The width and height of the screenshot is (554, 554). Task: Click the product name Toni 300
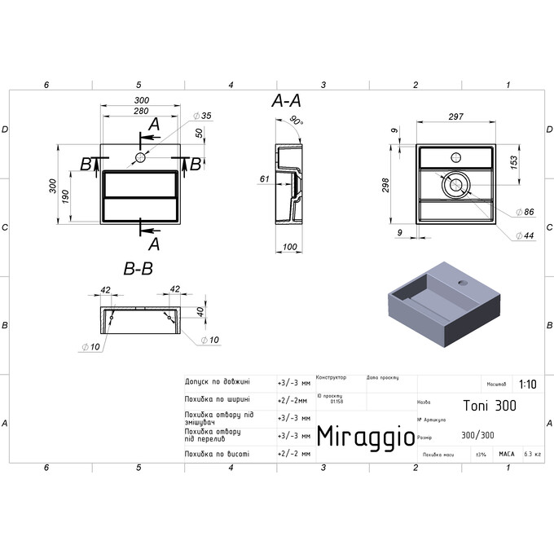click(x=489, y=405)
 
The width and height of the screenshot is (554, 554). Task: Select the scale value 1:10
click(x=527, y=382)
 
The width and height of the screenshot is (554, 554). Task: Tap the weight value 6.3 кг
click(x=533, y=454)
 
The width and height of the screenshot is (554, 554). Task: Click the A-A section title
click(x=286, y=101)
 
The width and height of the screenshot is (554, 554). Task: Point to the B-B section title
click(x=138, y=268)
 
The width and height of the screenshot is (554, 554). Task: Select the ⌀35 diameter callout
click(x=203, y=117)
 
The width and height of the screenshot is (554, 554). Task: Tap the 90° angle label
click(x=295, y=122)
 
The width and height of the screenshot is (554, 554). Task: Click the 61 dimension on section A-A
click(x=264, y=179)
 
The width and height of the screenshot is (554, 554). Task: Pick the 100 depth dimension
click(x=290, y=247)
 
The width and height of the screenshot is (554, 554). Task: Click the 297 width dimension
click(x=456, y=117)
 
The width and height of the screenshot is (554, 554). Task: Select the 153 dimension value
click(x=514, y=161)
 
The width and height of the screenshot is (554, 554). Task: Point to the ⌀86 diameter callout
click(x=527, y=212)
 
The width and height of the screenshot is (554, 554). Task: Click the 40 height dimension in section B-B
click(x=200, y=310)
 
